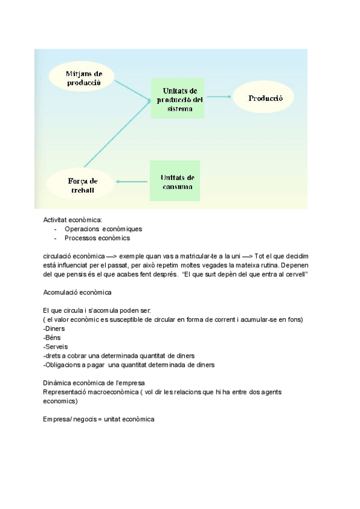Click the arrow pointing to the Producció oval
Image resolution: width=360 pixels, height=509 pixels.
click(218, 97)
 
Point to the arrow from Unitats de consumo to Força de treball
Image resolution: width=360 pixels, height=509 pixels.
click(132, 181)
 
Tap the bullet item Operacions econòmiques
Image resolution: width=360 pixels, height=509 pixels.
click(103, 229)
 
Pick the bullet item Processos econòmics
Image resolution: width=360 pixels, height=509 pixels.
click(97, 238)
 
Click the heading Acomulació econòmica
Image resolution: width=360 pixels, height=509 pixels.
click(77, 292)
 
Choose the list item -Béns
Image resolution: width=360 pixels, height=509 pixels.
click(53, 337)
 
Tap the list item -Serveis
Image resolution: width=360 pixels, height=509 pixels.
click(55, 346)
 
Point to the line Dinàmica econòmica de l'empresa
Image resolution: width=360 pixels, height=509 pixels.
click(93, 382)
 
